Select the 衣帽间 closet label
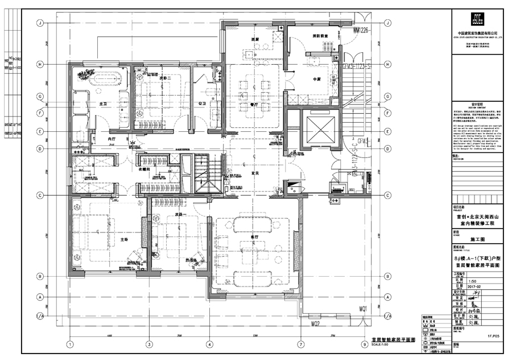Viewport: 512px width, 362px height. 144,169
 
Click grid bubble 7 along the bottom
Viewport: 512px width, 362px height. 300,344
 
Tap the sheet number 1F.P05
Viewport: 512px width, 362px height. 493,335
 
